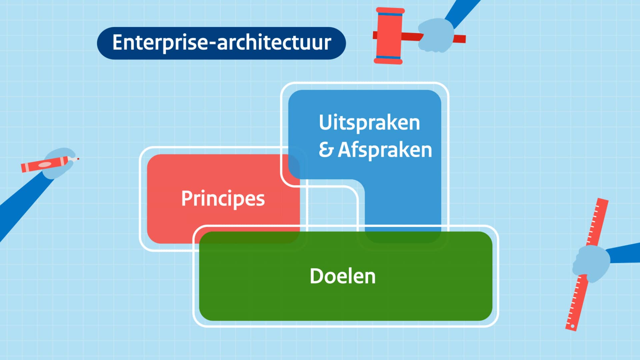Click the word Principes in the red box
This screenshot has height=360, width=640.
point(223,199)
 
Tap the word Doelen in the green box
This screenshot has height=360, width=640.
point(342,276)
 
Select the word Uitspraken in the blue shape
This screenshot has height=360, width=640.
point(369,123)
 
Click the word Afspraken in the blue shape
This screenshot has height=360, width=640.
point(385,150)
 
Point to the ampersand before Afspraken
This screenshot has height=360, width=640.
point(326,150)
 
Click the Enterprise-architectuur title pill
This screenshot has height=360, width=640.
point(221,43)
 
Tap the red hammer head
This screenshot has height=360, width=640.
point(389,36)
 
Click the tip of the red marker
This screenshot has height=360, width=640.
point(78,159)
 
